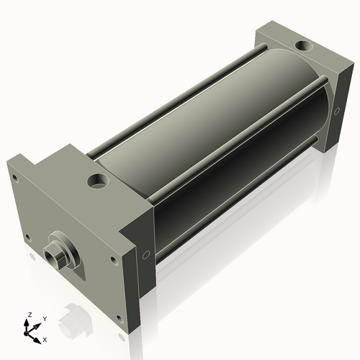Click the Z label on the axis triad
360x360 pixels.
click(x=30, y=315)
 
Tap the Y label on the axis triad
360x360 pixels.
click(x=45, y=319)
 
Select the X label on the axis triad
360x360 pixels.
click(x=45, y=340)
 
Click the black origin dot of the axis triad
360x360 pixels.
click(x=26, y=334)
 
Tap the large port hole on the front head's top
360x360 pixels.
click(x=98, y=181)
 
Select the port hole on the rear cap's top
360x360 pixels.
click(x=304, y=45)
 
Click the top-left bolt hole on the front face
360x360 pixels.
click(x=15, y=178)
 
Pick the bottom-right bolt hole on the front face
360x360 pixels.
click(x=120, y=319)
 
